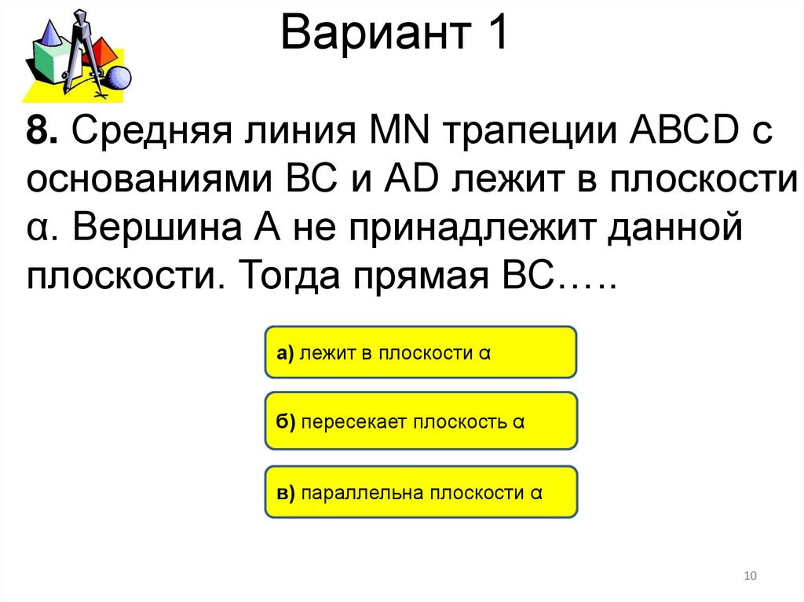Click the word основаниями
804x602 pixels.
point(149,181)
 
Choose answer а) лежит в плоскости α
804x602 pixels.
point(421,353)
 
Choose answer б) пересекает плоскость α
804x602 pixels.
point(421,421)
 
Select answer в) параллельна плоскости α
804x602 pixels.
point(421,492)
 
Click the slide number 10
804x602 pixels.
point(749,577)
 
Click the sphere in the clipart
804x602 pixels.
point(118,78)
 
